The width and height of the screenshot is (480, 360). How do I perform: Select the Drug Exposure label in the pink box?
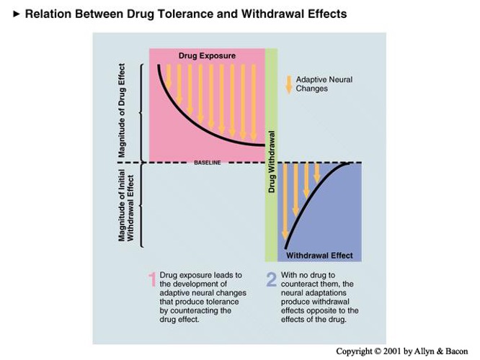click(x=207, y=55)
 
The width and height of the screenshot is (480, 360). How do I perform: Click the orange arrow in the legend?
click(x=289, y=84)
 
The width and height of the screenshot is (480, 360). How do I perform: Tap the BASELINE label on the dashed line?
click(x=208, y=163)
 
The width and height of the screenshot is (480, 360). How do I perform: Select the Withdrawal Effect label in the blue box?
click(x=319, y=255)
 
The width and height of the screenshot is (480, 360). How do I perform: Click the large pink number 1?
click(x=152, y=279)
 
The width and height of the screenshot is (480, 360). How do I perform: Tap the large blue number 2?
click(x=271, y=279)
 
